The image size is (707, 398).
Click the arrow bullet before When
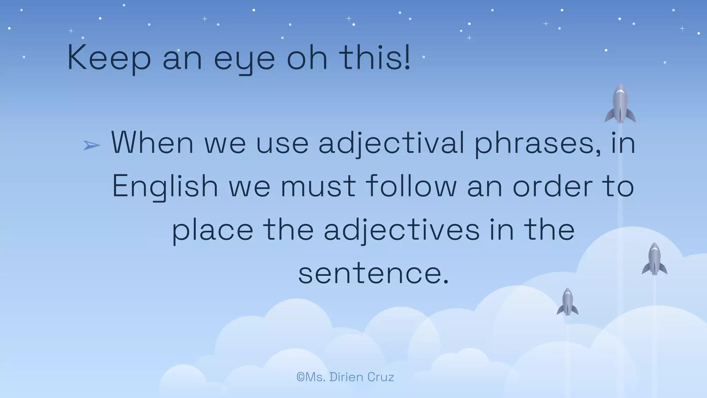tap(91, 145)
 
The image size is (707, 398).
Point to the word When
tap(152, 143)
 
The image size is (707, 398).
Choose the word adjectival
tap(391, 143)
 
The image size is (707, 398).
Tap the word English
tap(165, 187)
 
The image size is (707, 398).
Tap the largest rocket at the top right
tap(620, 104)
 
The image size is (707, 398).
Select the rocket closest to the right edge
tap(655, 259)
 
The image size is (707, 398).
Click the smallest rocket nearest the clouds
tap(568, 302)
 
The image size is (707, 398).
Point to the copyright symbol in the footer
tap(300, 377)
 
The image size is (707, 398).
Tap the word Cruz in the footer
tap(381, 377)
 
